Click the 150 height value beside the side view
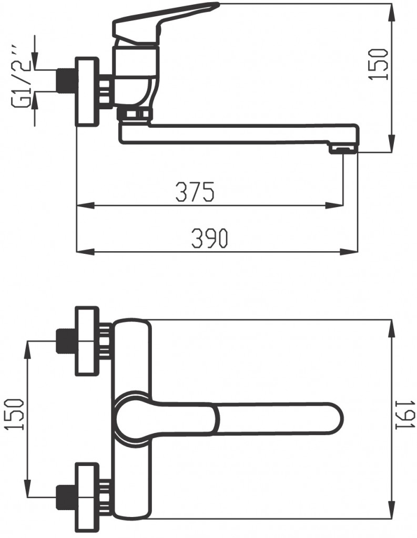tap(379, 64)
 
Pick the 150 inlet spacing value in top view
tap(16, 415)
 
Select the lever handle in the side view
tap(166, 16)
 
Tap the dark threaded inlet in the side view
tap(66, 80)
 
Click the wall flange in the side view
tap(87, 92)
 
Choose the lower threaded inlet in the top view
tap(66, 497)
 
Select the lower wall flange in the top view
tap(87, 496)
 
